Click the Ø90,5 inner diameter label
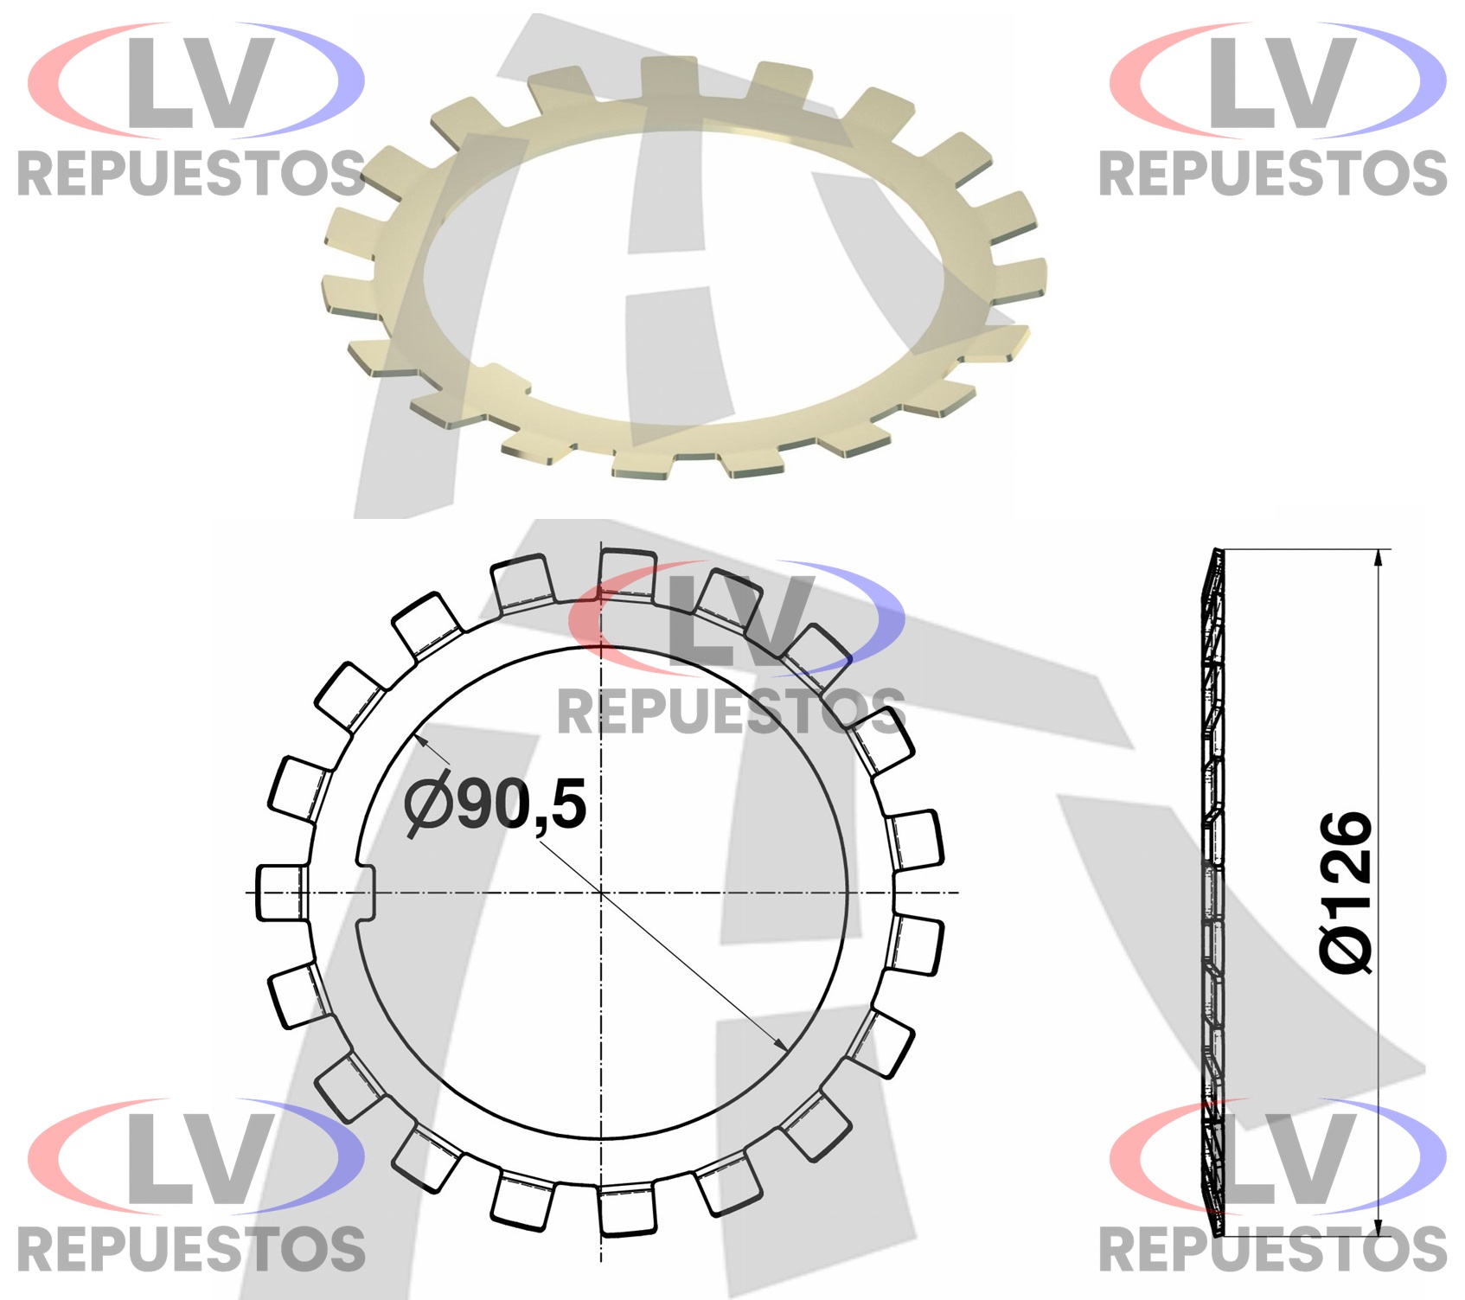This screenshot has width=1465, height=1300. point(496,807)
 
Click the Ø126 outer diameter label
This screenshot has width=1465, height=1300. point(1346,893)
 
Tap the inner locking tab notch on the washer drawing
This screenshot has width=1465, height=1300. point(366,892)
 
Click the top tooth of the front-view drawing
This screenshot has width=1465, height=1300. point(626,573)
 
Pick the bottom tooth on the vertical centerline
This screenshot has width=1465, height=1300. point(627,1211)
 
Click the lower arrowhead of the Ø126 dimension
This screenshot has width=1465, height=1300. point(1378,1228)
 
